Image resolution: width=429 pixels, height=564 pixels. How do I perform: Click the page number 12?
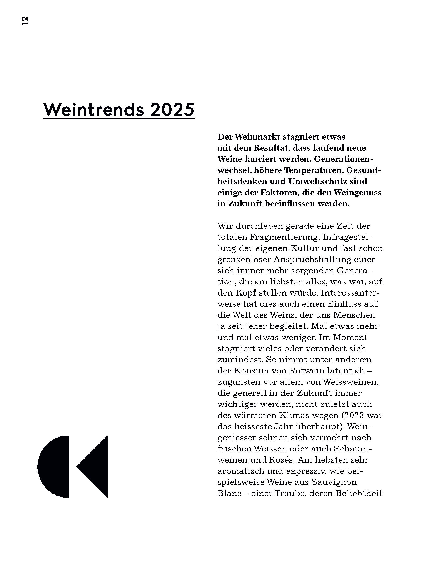[x=25, y=20]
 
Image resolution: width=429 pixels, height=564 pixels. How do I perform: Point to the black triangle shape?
[x=96, y=467]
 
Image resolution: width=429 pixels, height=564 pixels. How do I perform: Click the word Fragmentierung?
[x=284, y=237]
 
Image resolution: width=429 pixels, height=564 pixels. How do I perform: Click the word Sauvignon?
[x=334, y=482]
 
